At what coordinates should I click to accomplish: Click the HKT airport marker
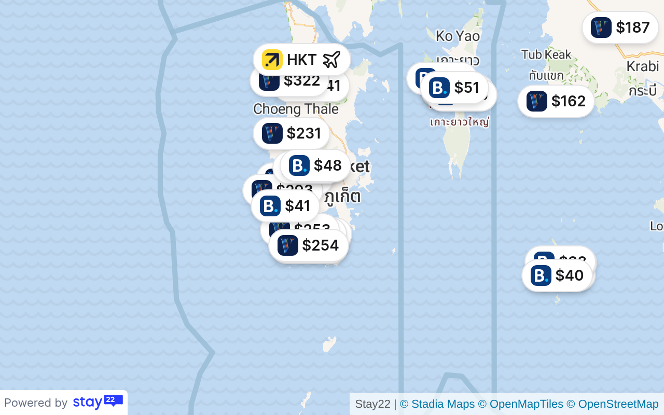tap(302, 60)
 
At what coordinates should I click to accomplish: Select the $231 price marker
tap(292, 133)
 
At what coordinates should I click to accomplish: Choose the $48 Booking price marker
tap(315, 165)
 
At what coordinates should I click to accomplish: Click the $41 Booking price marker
tap(286, 206)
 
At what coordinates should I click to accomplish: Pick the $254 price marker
tap(309, 245)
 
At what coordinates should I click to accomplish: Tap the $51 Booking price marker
tap(455, 88)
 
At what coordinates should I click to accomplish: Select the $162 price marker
tap(556, 101)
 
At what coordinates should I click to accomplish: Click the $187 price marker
tap(620, 27)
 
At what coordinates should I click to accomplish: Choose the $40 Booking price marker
tap(557, 275)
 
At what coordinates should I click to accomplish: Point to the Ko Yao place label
tap(458, 36)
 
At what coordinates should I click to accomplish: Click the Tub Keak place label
tap(546, 54)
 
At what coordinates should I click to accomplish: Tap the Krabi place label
tap(642, 66)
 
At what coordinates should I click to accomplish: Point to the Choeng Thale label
tap(296, 109)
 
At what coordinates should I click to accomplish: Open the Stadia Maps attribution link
tap(437, 404)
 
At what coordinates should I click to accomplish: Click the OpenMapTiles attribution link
tap(520, 404)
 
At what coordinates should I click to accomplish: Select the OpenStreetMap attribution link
tap(612, 404)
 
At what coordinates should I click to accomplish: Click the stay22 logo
tap(98, 402)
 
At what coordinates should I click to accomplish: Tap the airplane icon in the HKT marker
tap(331, 60)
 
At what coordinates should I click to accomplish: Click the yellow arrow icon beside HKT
tap(272, 60)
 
